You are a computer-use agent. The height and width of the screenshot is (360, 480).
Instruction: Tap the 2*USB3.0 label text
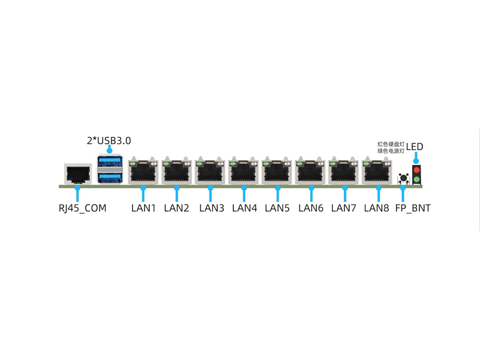tap(109, 141)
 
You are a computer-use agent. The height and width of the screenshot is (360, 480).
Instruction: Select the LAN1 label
tap(143, 209)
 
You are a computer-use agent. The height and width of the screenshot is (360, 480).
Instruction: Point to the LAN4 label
tap(244, 209)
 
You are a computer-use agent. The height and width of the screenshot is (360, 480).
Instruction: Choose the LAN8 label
tap(379, 209)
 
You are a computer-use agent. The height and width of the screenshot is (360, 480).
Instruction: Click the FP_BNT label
tap(412, 209)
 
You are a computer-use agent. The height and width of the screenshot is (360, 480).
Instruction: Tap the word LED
tap(415, 146)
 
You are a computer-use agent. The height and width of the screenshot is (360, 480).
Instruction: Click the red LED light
tap(416, 171)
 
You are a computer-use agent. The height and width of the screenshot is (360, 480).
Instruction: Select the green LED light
tap(416, 179)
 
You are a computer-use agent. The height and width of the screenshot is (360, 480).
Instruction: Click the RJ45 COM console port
tap(77, 173)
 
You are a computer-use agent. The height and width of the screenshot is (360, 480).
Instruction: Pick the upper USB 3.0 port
tap(109, 162)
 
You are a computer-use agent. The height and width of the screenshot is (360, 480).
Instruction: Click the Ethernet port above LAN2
tap(176, 172)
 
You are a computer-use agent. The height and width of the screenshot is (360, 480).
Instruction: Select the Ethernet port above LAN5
tap(277, 172)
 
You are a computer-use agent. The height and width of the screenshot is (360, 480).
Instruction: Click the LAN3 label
tap(211, 209)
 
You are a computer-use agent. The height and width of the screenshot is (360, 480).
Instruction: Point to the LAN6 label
tap(311, 209)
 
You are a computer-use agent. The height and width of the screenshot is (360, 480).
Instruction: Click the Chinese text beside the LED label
tap(391, 147)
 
